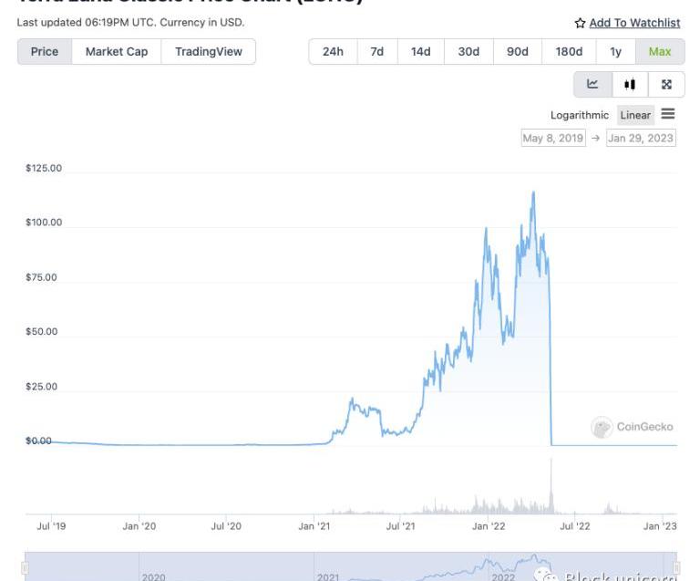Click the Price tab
(x=44, y=52)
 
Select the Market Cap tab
(x=117, y=52)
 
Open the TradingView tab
(x=209, y=52)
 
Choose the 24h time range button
(x=333, y=52)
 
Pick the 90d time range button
(x=517, y=52)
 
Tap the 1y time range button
(x=616, y=52)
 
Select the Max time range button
(x=660, y=52)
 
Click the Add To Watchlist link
(x=634, y=23)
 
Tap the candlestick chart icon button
(x=630, y=85)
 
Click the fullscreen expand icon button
(x=666, y=85)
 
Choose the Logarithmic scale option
(x=579, y=115)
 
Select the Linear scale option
(x=635, y=115)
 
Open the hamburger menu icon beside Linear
(x=668, y=114)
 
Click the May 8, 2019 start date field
(x=552, y=139)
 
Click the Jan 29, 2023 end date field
(x=641, y=139)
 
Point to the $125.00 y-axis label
(x=44, y=168)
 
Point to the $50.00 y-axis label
(x=41, y=331)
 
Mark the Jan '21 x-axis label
(x=314, y=525)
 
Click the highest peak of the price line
(x=533, y=192)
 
